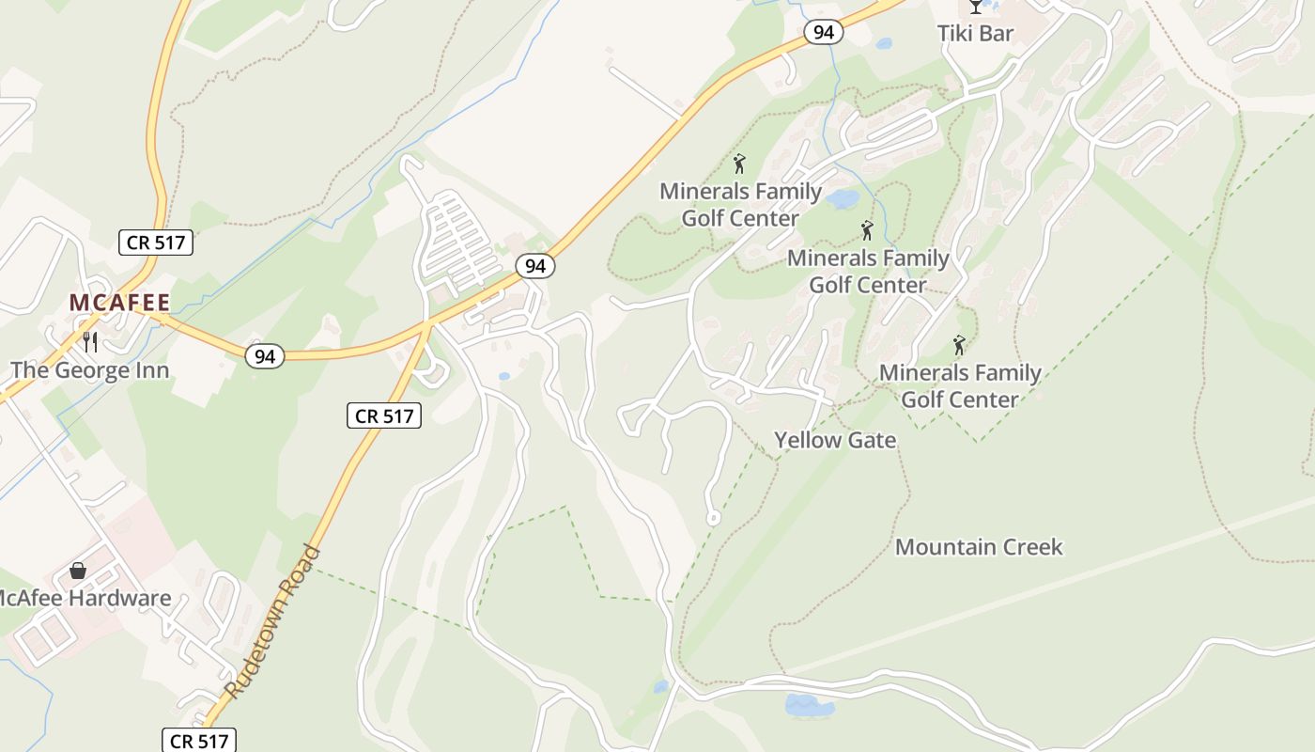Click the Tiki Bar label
[975, 34]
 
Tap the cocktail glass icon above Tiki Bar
[975, 7]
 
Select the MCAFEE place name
[119, 303]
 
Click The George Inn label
[90, 370]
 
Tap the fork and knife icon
[90, 341]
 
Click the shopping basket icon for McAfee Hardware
[78, 571]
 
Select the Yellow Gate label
[835, 440]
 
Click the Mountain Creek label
[979, 547]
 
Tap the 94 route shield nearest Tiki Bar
[824, 32]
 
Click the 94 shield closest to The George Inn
[265, 356]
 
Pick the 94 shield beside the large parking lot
[535, 266]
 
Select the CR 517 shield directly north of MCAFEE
[157, 243]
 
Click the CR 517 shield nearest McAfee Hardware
[200, 741]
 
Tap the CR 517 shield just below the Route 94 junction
[384, 415]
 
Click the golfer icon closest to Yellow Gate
[959, 345]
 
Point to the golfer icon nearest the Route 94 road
[739, 164]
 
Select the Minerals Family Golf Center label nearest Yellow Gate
[960, 386]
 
